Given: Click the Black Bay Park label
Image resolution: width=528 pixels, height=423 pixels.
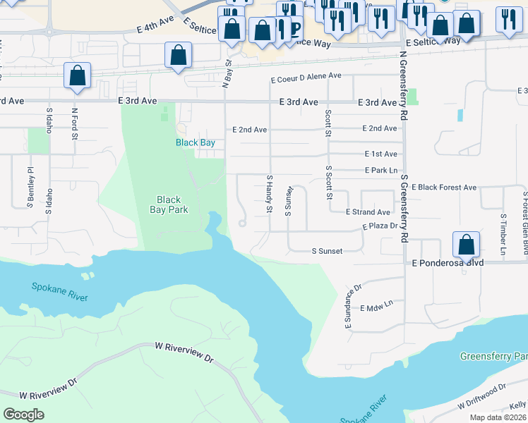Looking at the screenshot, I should (x=169, y=204).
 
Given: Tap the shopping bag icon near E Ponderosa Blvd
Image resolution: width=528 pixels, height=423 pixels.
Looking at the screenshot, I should (x=466, y=245).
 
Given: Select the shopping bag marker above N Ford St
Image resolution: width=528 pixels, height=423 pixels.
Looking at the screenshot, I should (x=77, y=76).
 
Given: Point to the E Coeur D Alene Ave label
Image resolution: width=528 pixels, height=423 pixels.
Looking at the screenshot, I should (x=306, y=76).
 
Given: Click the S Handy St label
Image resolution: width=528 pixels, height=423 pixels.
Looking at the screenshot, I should (x=269, y=195).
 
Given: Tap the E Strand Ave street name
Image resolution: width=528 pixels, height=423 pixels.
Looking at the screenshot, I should (x=368, y=212).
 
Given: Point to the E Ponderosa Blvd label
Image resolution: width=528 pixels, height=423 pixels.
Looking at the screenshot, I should (x=448, y=262).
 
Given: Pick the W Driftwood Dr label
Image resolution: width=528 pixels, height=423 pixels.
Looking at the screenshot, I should (x=482, y=396).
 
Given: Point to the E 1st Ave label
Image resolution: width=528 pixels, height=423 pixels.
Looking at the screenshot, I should (x=381, y=154).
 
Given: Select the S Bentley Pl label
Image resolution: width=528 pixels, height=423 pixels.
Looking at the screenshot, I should (x=30, y=187).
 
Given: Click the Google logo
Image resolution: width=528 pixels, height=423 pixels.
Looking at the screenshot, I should (x=23, y=415).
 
